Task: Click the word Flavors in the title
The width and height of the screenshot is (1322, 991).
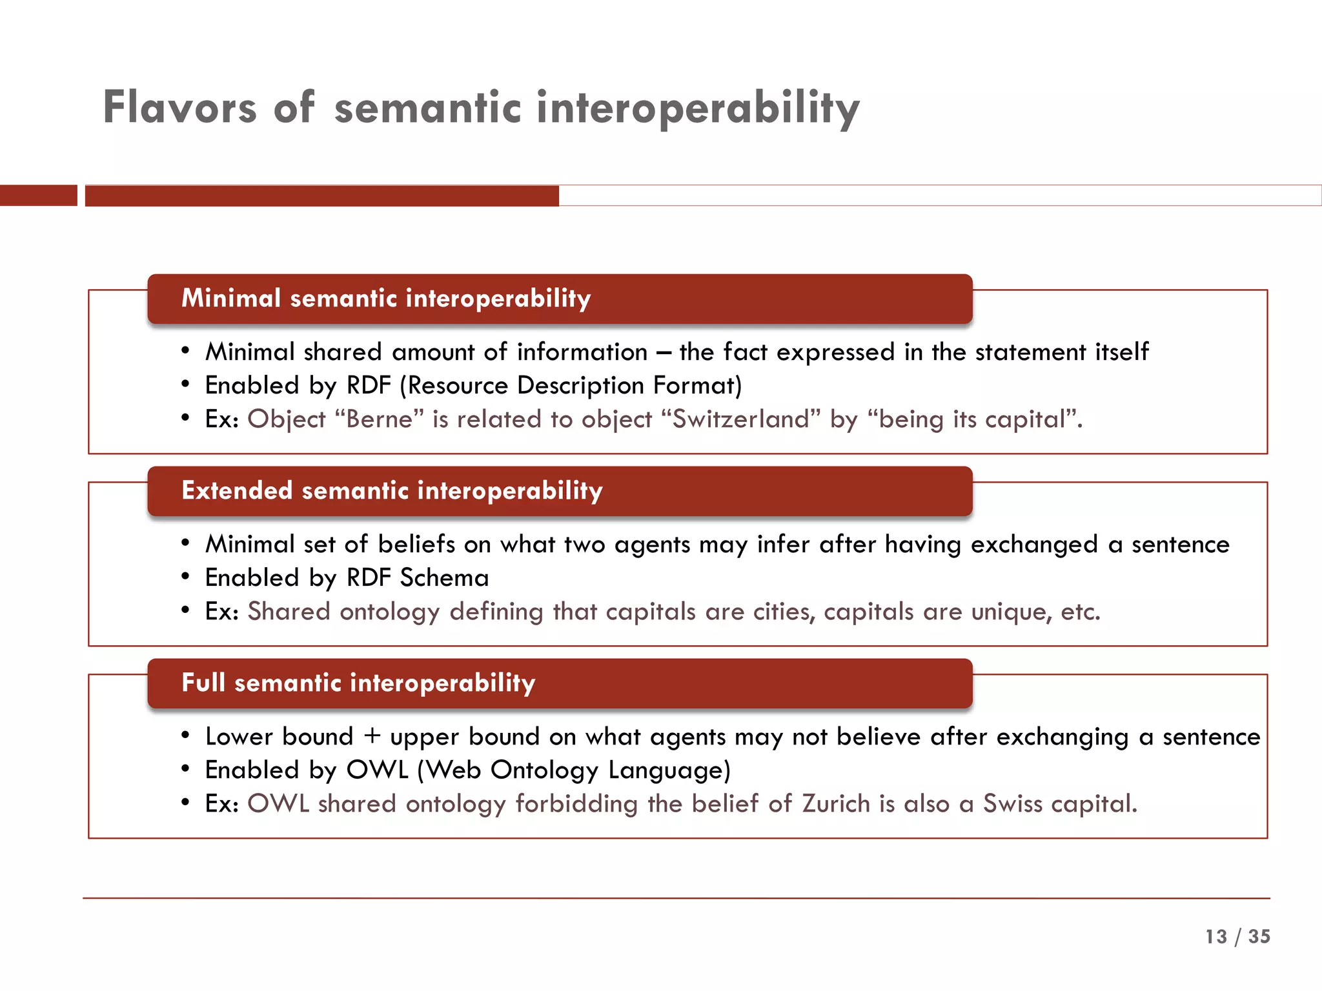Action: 179,108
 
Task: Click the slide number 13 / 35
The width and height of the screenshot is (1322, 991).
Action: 1237,936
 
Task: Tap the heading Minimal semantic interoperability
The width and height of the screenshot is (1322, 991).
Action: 386,299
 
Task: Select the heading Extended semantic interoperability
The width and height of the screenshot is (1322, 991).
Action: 392,491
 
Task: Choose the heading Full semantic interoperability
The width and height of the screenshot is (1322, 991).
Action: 358,683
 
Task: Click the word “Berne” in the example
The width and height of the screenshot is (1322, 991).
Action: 380,419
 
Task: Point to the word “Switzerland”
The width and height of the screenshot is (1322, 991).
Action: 741,419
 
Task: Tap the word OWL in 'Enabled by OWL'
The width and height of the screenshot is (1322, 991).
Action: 377,770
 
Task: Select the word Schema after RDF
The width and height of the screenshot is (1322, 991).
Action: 444,578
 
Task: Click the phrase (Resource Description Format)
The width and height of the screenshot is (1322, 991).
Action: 571,386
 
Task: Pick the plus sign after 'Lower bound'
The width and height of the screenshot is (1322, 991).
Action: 372,737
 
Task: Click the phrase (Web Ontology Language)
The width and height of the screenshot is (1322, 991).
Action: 574,770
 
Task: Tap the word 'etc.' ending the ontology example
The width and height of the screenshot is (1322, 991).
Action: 1080,612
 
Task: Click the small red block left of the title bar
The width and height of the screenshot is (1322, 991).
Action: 38,195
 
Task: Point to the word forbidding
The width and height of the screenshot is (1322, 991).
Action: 576,804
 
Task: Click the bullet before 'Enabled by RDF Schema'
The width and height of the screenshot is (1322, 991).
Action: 185,577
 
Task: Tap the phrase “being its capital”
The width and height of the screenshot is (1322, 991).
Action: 973,419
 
